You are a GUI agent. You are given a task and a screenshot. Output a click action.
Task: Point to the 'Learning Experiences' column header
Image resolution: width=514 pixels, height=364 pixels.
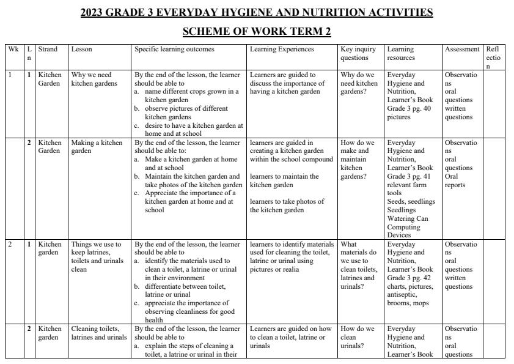(x=282, y=49)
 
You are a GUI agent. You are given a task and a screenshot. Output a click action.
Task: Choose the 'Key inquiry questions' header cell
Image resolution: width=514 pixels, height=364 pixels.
(x=358, y=53)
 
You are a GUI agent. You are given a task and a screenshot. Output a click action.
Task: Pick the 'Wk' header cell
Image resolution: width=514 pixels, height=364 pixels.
(x=13, y=49)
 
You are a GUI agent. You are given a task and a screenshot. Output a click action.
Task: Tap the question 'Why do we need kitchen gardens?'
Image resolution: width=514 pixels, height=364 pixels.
(x=359, y=83)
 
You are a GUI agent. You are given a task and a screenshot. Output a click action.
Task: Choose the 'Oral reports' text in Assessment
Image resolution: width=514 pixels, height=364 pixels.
(x=456, y=180)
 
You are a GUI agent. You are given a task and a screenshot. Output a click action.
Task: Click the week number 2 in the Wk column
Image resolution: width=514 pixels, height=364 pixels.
(x=10, y=244)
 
